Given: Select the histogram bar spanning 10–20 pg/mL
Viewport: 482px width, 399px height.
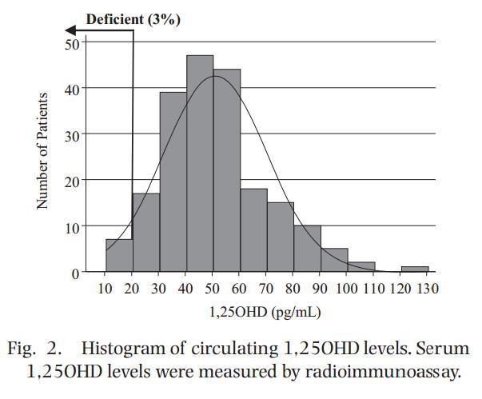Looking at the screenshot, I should tap(119, 256).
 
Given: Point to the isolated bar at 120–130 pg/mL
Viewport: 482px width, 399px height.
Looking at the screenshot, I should tap(415, 269).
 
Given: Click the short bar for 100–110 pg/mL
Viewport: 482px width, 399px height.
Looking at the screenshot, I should tap(361, 268).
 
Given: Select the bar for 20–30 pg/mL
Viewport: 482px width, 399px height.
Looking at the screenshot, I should tap(146, 233).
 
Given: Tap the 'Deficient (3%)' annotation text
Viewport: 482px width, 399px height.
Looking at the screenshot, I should tap(133, 19).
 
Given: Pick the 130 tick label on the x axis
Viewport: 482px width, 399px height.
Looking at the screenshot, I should tap(428, 288).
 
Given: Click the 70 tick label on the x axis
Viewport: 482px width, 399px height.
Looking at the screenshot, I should tap(267, 288).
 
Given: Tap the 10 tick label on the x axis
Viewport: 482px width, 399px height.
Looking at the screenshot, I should tap(106, 288).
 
